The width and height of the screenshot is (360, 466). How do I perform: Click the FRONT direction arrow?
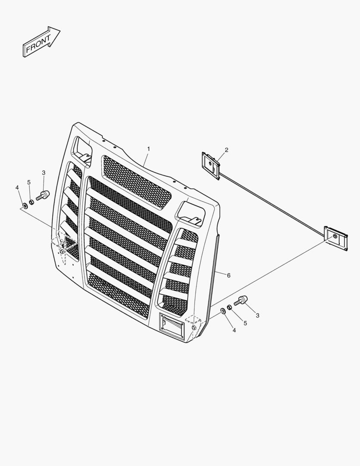pos(41,41)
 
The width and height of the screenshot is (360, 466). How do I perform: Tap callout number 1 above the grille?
pos(148,148)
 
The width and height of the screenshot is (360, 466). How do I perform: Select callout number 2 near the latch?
pos(226,150)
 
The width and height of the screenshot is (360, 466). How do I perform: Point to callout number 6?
pos(229,275)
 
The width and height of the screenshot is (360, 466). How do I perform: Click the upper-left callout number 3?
pos(44,173)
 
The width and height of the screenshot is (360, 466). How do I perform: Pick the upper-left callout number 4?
pos(17,188)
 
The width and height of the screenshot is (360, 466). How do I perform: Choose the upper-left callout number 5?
pos(29,182)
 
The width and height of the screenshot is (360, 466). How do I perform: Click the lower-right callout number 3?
pos(257,315)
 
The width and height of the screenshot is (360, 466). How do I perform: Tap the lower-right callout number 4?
pos(234,330)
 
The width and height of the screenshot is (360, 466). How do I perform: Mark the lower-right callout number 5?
pos(245,323)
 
